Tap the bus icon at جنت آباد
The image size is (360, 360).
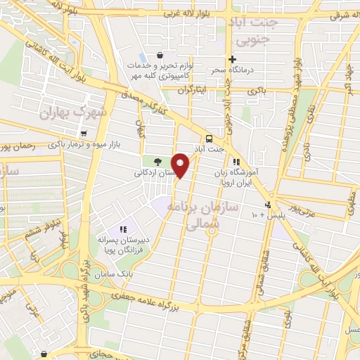click(209, 138)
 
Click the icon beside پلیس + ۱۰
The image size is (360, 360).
click(266, 205)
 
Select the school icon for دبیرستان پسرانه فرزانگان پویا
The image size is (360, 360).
click(123, 229)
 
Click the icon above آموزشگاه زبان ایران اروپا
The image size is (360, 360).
click(245, 161)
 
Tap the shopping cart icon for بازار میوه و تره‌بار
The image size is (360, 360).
click(84, 134)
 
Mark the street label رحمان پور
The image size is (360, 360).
click(21, 147)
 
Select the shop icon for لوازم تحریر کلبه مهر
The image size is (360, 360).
click(162, 55)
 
